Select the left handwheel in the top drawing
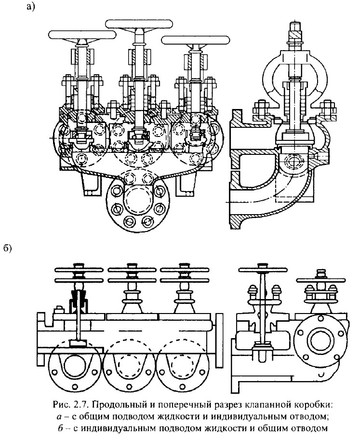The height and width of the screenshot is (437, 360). [x=82, y=35]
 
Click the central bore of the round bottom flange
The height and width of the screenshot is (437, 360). [x=139, y=198]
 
